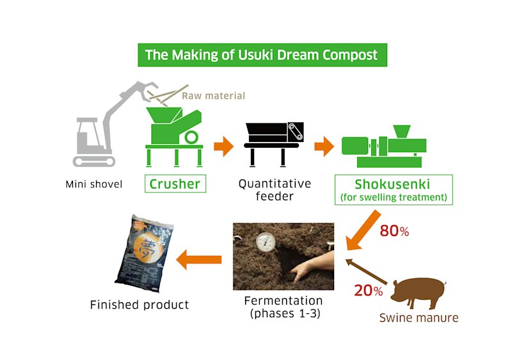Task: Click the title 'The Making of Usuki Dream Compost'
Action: coord(261,55)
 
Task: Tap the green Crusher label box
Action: coord(175,184)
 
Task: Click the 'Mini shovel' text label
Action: coord(93,185)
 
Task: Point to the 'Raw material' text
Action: coord(213,96)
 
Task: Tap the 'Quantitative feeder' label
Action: coord(275,190)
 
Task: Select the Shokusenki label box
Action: coord(394,189)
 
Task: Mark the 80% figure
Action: coord(394,231)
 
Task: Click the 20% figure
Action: coord(369,291)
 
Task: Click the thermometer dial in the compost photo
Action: coord(263,242)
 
